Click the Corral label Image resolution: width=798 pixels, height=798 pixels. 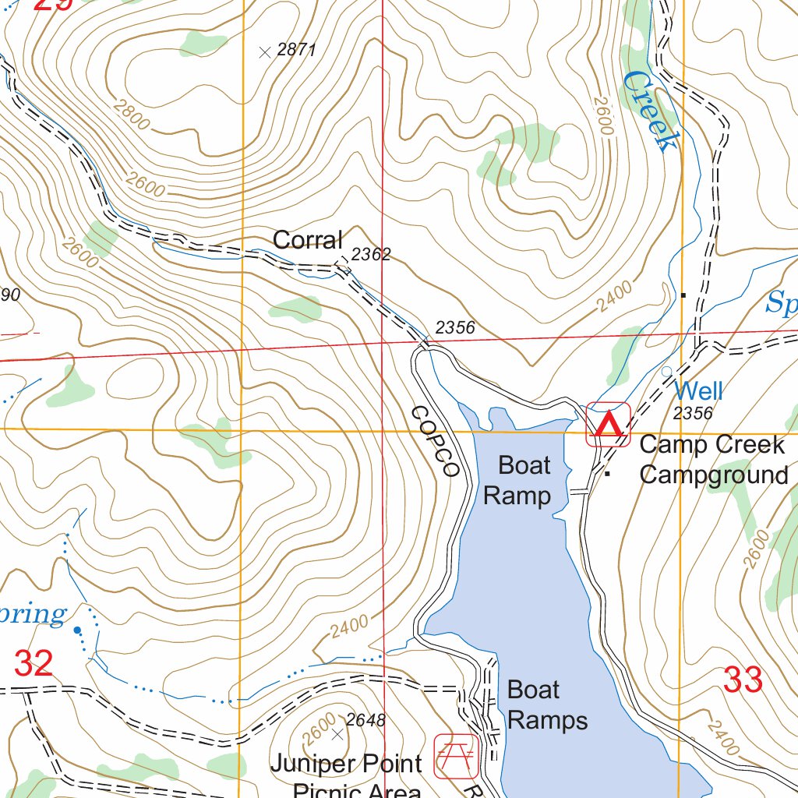point(307,240)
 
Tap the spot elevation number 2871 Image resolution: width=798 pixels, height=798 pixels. point(297,51)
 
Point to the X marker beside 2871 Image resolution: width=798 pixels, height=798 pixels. point(265,52)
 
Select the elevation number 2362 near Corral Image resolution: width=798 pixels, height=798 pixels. point(371,254)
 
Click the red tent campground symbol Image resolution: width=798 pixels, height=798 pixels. point(608,425)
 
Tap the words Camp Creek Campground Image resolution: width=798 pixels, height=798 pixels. point(712,459)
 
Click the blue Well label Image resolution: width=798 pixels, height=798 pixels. point(698,390)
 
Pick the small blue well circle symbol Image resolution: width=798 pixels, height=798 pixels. point(666,372)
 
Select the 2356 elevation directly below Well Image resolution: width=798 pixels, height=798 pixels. point(692,413)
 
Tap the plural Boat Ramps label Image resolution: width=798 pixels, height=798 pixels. point(546,704)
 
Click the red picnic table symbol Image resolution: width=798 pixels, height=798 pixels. point(457,755)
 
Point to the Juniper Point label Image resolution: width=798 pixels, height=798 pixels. point(346,764)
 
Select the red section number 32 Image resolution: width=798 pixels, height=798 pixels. point(34,663)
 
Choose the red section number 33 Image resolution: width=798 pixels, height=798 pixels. point(743,680)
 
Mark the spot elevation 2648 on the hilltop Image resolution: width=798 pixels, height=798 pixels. point(365,720)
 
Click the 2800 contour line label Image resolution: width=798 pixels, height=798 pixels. point(130,115)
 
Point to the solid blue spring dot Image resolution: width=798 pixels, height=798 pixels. point(77,630)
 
